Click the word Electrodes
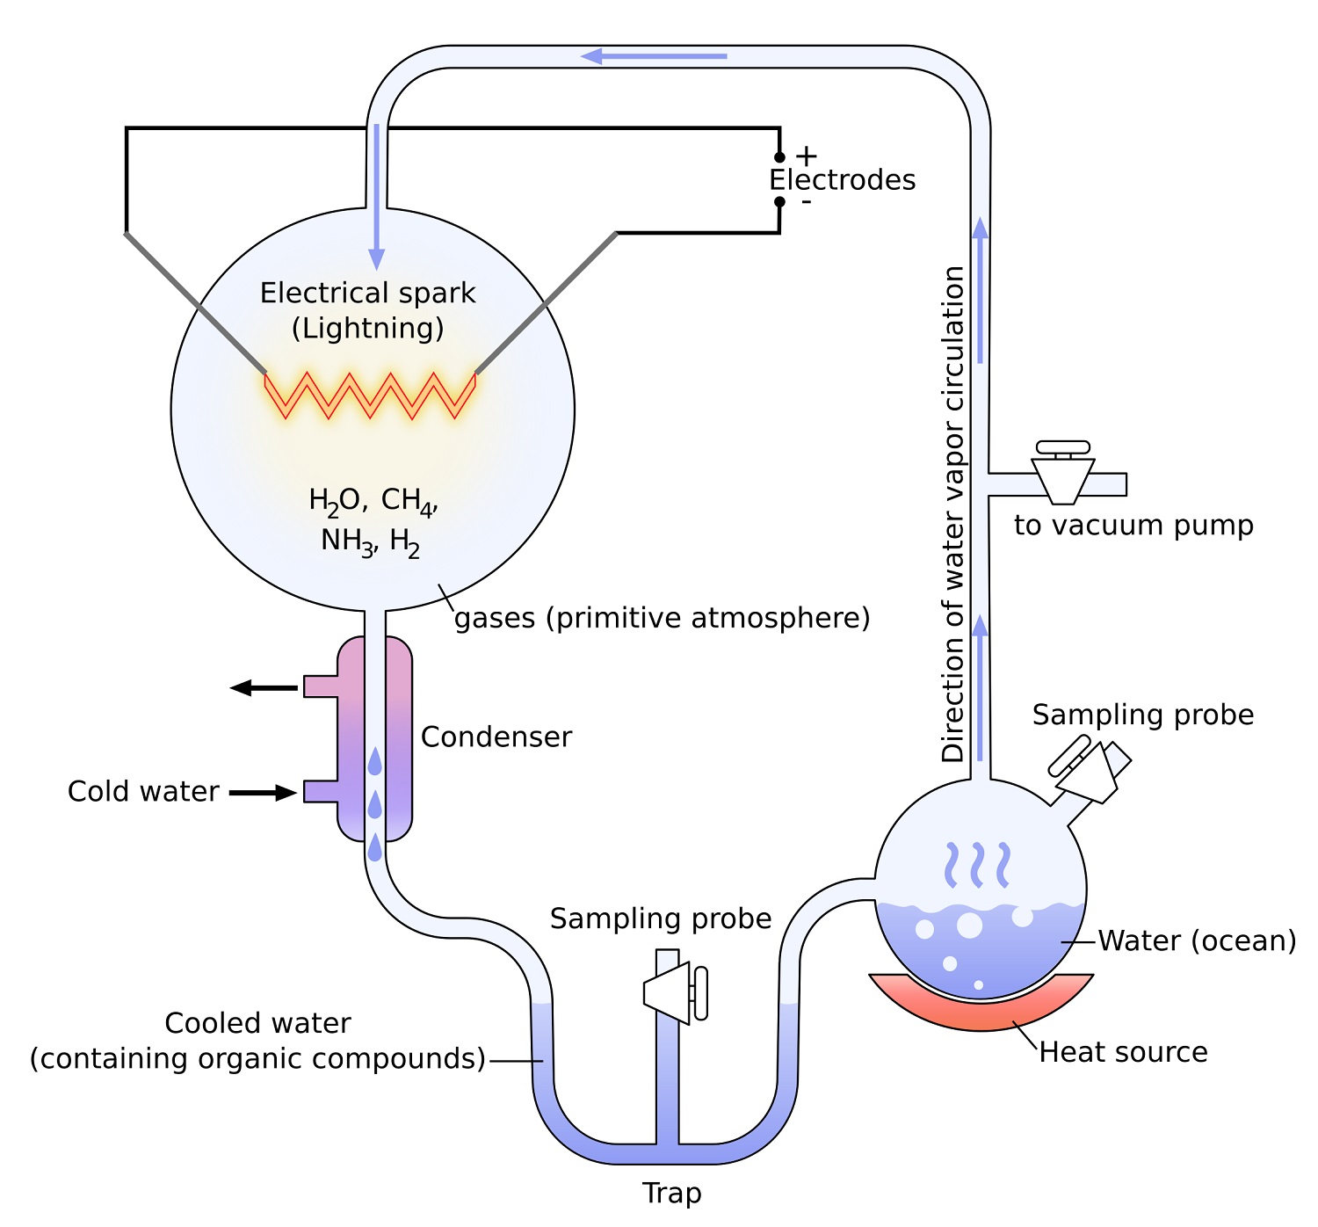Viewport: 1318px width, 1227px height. coord(842,180)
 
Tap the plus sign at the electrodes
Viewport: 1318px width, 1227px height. coord(806,156)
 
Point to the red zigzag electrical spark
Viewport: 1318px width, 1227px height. coord(370,395)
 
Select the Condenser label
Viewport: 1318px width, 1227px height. coord(496,737)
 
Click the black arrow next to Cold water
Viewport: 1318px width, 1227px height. coord(263,793)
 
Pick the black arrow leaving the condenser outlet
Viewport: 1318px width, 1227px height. coord(263,687)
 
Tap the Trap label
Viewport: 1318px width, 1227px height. coord(671,1194)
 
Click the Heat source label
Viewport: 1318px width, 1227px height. coord(1123,1052)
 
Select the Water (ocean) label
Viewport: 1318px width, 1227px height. coord(1197,940)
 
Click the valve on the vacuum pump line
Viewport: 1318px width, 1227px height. coord(1063,475)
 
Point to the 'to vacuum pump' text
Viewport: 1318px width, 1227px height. coord(1133,526)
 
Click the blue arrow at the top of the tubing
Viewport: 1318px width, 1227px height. coord(654,56)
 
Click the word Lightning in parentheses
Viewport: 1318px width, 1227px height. coord(367,329)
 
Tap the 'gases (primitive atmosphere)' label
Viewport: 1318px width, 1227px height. coord(662,618)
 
